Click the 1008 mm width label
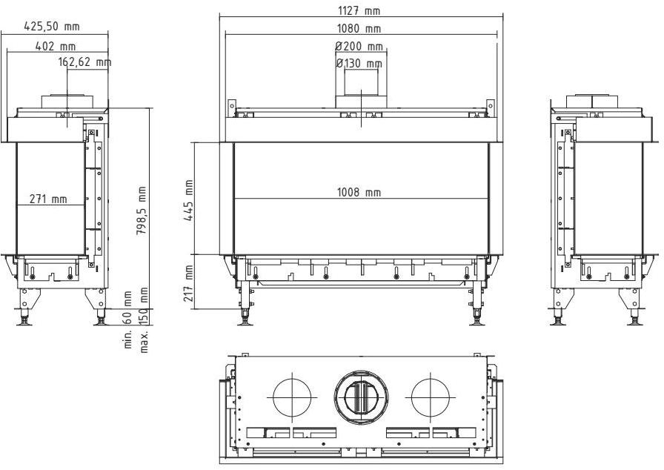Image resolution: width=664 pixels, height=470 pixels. coord(359,193)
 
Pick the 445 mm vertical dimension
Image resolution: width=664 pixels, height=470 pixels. coord(189,196)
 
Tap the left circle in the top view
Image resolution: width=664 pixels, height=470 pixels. coord(293,397)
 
